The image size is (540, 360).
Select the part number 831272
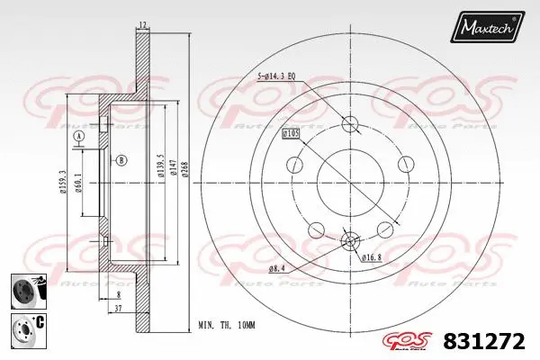pyautogui.click(x=486, y=342)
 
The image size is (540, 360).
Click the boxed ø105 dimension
pyautogui.click(x=290, y=133)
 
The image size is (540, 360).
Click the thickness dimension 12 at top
pyautogui.click(x=142, y=25)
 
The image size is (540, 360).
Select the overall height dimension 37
pyautogui.click(x=119, y=307)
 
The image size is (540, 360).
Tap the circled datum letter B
pyautogui.click(x=120, y=161)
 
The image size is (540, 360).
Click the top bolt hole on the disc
pyautogui.click(x=350, y=125)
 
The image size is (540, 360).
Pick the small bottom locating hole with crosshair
pyautogui.click(x=351, y=240)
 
